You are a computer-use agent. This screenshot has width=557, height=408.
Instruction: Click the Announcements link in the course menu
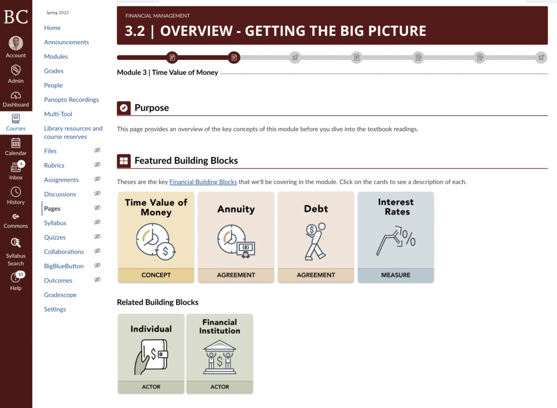66,42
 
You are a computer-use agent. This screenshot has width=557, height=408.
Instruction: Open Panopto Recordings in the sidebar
71,100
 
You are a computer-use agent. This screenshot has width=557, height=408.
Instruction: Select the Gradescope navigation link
60,295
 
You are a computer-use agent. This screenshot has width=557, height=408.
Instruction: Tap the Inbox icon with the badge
16,166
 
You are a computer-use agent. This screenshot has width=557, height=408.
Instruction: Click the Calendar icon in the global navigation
16,143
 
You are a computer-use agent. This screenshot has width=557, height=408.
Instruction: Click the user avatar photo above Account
16,43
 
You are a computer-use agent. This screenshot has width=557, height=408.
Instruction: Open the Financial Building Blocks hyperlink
203,181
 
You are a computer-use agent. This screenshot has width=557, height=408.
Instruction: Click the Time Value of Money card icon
156,242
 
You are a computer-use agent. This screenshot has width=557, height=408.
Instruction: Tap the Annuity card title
236,209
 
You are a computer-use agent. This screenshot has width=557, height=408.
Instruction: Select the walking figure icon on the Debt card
315,242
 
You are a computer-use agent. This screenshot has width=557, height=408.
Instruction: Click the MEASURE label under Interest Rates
396,275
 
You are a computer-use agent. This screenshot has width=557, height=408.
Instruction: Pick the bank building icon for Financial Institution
220,357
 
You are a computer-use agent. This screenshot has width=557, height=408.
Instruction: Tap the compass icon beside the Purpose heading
123,108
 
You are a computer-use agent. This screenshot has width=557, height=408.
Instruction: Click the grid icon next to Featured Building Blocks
123,161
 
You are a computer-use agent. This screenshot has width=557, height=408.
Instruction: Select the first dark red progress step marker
172,58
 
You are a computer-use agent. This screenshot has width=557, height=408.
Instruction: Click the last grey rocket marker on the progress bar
541,58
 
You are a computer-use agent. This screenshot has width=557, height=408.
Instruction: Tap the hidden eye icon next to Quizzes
97,237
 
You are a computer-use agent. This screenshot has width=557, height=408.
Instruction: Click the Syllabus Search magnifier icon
16,243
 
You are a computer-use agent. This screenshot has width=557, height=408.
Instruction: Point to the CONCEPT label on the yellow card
156,275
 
